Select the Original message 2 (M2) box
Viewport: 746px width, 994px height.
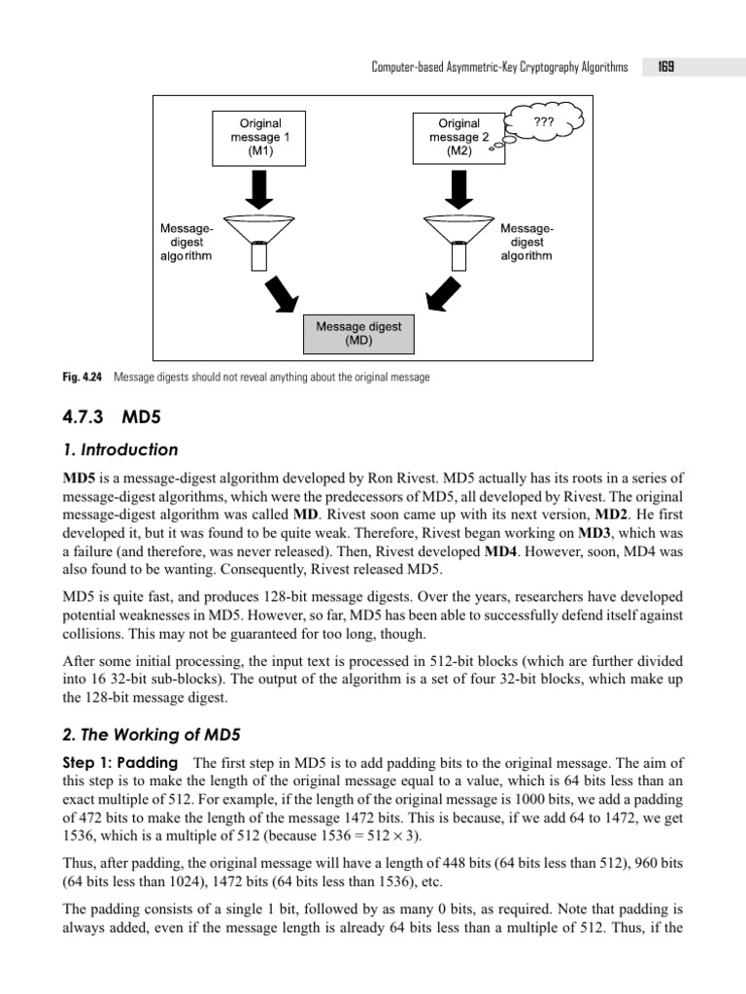[458, 137]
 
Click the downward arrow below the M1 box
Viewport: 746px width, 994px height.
[259, 188]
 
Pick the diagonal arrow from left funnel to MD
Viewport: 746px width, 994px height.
[284, 293]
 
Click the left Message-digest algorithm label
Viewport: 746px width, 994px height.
[186, 242]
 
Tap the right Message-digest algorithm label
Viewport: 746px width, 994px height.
[526, 242]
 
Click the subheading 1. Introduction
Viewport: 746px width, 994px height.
[120, 449]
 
